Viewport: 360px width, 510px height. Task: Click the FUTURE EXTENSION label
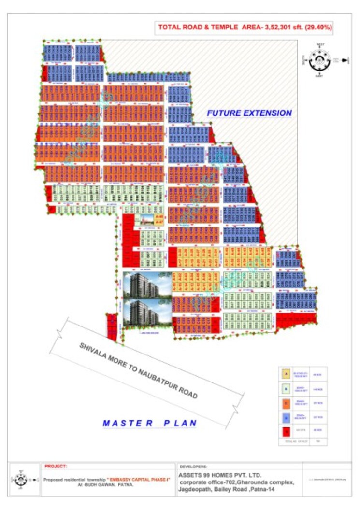click(x=249, y=113)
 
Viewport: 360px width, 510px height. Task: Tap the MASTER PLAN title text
click(x=149, y=423)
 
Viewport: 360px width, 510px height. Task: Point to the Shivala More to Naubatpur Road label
click(x=138, y=370)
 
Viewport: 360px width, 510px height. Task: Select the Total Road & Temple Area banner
click(x=245, y=28)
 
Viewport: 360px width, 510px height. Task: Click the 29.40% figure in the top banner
click(x=317, y=28)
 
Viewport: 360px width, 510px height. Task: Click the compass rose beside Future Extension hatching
click(x=319, y=60)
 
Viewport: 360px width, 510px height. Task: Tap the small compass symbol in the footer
click(x=20, y=480)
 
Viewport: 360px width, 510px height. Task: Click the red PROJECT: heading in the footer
click(x=56, y=467)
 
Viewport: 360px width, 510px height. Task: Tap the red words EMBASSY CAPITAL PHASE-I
click(x=136, y=480)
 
